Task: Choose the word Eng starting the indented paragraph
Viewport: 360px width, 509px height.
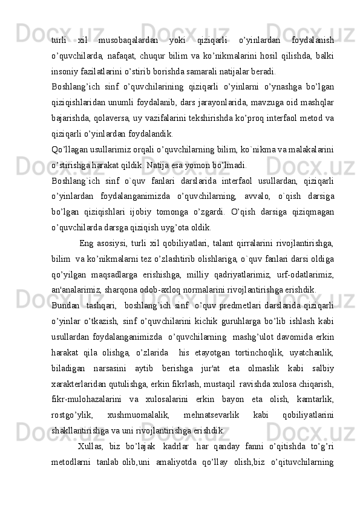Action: coord(86,244)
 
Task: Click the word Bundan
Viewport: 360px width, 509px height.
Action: coord(65,306)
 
